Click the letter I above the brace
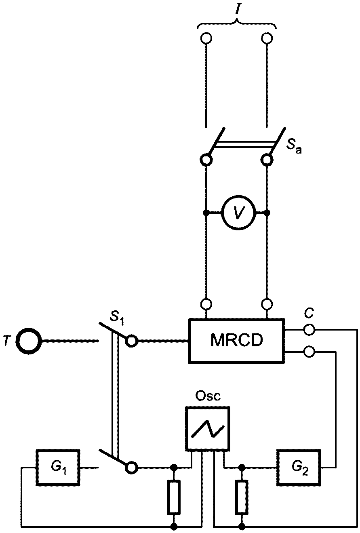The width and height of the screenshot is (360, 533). coord(237,10)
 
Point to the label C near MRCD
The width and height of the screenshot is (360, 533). coord(309,313)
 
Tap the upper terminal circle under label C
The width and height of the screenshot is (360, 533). coord(309,330)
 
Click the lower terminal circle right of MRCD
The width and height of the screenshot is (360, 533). coord(309,352)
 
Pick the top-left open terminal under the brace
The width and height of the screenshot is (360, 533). coord(206,38)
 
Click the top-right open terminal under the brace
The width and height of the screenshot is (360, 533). coord(267,38)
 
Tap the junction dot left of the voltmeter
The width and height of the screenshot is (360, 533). coord(206,212)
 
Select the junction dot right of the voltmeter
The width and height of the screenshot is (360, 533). coord(267,212)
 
